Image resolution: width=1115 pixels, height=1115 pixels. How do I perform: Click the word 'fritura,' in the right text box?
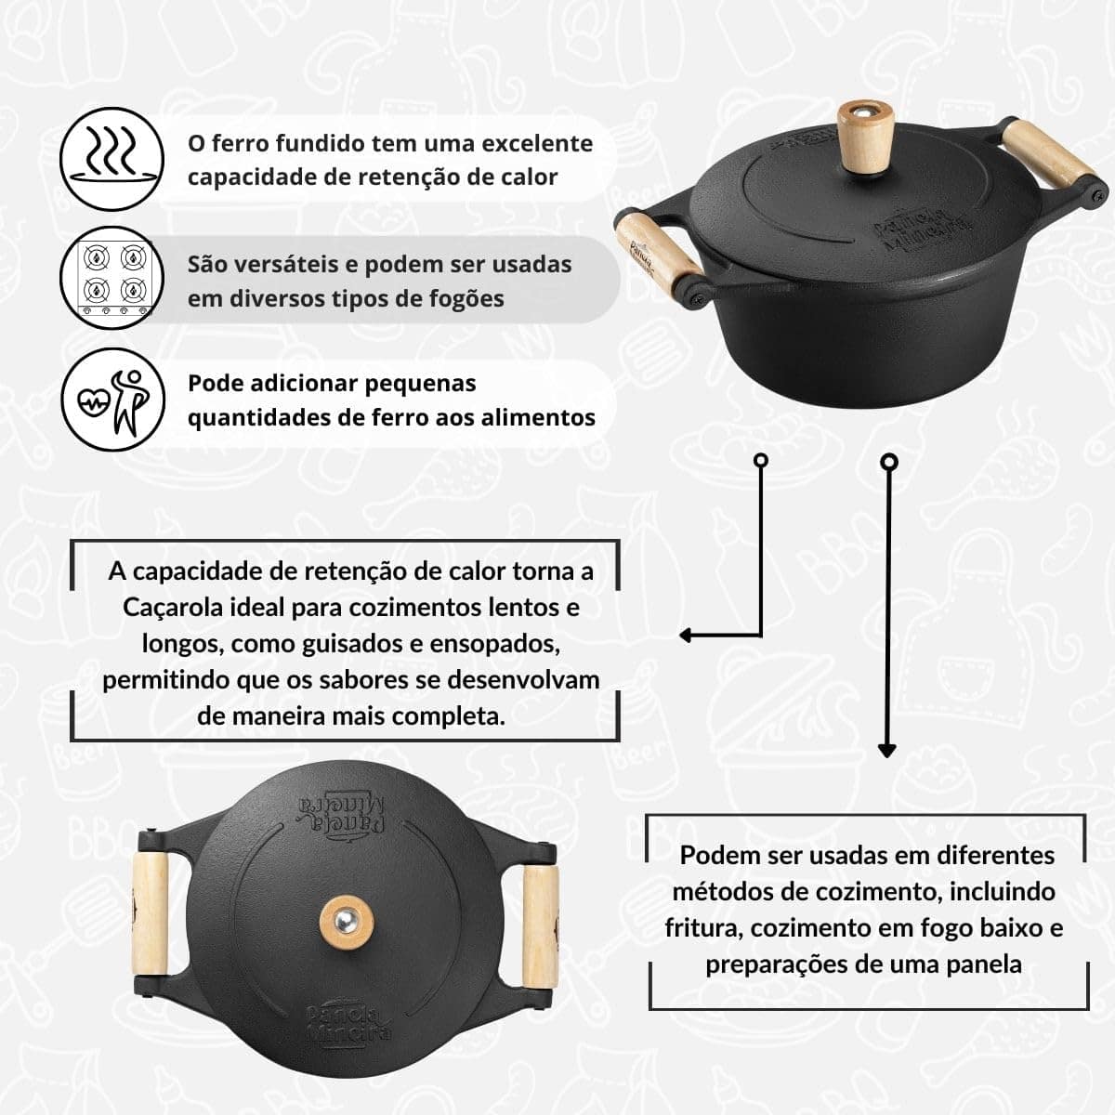[704, 927]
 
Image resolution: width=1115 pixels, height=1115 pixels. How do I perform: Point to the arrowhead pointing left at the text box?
[688, 636]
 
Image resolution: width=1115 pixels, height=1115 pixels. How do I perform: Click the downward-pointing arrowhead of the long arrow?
[887, 751]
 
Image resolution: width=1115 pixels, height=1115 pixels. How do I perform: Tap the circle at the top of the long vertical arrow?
[889, 462]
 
